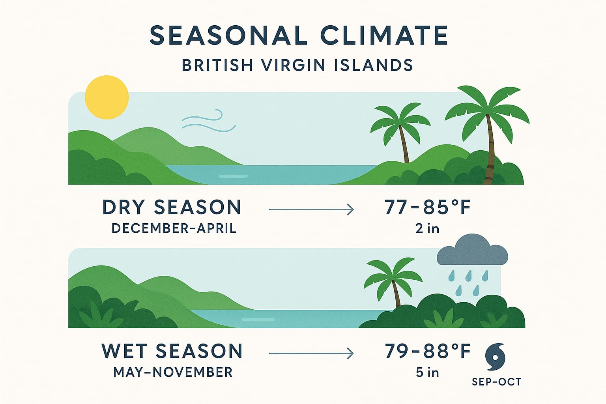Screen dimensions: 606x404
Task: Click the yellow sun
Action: [107, 97]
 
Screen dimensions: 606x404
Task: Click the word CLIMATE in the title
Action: [384, 36]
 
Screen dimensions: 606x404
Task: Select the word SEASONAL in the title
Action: [228, 36]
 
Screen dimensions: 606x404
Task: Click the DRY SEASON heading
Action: [172, 207]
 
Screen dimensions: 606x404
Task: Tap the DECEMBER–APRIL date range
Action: [174, 229]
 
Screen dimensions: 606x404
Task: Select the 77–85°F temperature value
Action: [427, 207]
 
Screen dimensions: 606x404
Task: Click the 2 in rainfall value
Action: [427, 229]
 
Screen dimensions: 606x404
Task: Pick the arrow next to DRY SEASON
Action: [311, 209]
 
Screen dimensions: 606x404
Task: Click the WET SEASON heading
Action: [172, 351]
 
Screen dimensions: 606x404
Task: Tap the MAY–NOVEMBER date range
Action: [173, 372]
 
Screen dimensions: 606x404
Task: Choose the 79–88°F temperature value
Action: [427, 351]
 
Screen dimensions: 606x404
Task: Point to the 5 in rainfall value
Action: [427, 372]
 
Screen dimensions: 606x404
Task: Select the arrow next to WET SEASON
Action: [311, 353]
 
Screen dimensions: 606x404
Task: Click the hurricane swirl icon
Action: [495, 357]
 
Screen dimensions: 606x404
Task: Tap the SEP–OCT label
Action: [496, 382]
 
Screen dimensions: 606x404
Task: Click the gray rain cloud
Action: [472, 249]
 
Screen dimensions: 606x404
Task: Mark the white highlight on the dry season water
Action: [233, 176]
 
